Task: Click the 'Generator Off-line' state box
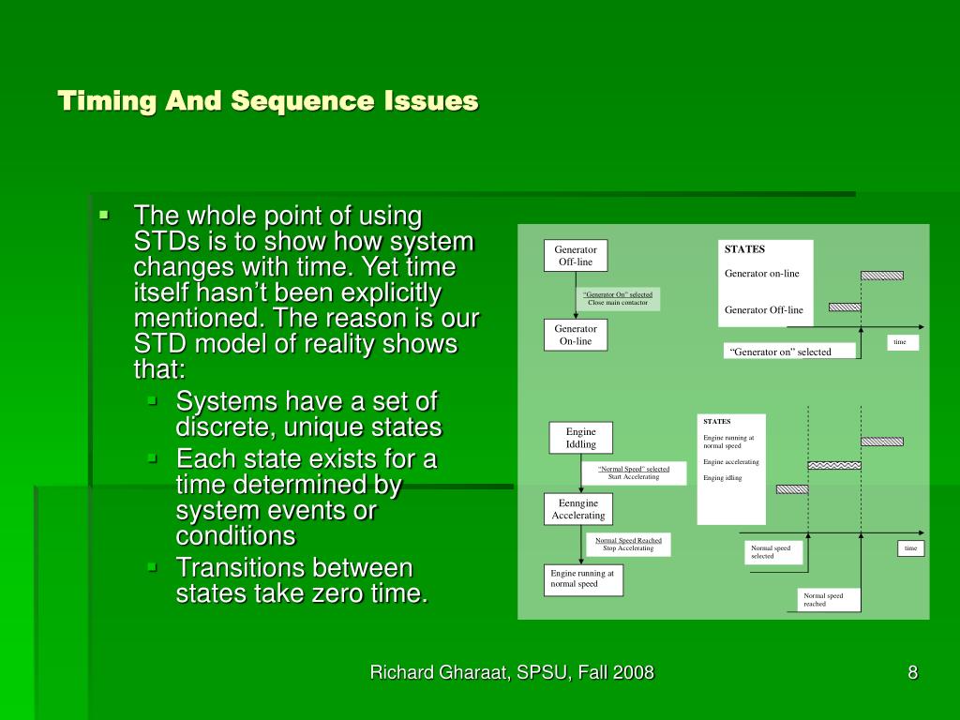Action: click(x=576, y=256)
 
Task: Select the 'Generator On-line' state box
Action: click(x=576, y=335)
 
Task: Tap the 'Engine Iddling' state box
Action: click(x=580, y=438)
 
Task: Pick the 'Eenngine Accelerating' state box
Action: click(x=577, y=509)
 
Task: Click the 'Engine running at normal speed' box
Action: click(x=583, y=579)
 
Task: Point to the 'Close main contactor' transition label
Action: click(x=618, y=303)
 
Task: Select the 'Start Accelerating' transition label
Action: click(x=634, y=477)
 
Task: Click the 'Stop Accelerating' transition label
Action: click(x=628, y=548)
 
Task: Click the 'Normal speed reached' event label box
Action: click(x=830, y=600)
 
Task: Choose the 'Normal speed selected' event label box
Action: click(x=774, y=552)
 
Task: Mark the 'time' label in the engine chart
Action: click(x=910, y=547)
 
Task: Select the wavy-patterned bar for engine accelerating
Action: click(x=834, y=465)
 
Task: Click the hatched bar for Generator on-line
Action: click(x=882, y=276)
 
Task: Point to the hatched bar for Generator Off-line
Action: click(x=845, y=307)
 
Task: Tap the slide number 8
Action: click(x=912, y=672)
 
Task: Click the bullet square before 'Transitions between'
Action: click(x=153, y=567)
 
